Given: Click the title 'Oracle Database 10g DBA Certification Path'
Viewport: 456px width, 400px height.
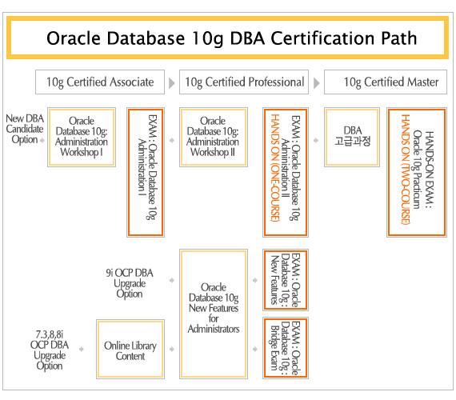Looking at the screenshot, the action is pyautogui.click(x=232, y=38).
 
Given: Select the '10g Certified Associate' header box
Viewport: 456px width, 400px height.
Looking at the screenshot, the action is pyautogui.click(x=100, y=82).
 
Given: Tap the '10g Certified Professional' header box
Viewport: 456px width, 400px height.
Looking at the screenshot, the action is pyautogui.click(x=244, y=82).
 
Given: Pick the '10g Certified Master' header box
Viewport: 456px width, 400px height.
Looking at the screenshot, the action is pyautogui.click(x=386, y=82).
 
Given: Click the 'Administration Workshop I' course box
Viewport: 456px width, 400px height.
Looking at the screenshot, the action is pyautogui.click(x=82, y=137).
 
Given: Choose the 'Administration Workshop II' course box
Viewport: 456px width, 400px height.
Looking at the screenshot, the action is pyautogui.click(x=214, y=137).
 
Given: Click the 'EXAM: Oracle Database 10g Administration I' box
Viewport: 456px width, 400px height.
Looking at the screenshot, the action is pyautogui.click(x=146, y=172).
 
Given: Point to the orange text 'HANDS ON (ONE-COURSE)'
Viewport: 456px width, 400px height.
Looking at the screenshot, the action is pyautogui.click(x=275, y=167).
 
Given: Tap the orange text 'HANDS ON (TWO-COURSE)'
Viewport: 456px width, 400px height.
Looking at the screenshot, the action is pyautogui.click(x=406, y=170).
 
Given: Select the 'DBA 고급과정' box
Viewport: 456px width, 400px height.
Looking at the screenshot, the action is pyautogui.click(x=352, y=137).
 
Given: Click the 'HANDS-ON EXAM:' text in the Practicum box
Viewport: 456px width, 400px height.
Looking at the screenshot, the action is pyautogui.click(x=430, y=170).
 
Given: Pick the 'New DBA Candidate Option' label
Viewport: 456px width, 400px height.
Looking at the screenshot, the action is pyautogui.click(x=25, y=129).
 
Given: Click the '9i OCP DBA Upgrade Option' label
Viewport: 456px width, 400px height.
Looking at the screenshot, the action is pyautogui.click(x=130, y=283).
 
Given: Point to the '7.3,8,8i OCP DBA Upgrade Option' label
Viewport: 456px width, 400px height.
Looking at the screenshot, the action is pyautogui.click(x=50, y=350).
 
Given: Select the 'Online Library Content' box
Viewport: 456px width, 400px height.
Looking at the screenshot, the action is pyautogui.click(x=130, y=349).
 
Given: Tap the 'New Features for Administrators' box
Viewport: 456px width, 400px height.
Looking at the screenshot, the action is pyautogui.click(x=214, y=314).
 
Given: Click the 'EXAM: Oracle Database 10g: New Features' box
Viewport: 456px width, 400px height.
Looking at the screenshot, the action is pyautogui.click(x=286, y=280).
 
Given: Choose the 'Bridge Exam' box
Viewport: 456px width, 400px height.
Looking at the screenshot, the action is pyautogui.click(x=286, y=348).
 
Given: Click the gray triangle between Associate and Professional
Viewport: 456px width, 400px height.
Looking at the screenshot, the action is pyautogui.click(x=172, y=83).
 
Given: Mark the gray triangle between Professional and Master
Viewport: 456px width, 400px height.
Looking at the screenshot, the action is pyautogui.click(x=317, y=83).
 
